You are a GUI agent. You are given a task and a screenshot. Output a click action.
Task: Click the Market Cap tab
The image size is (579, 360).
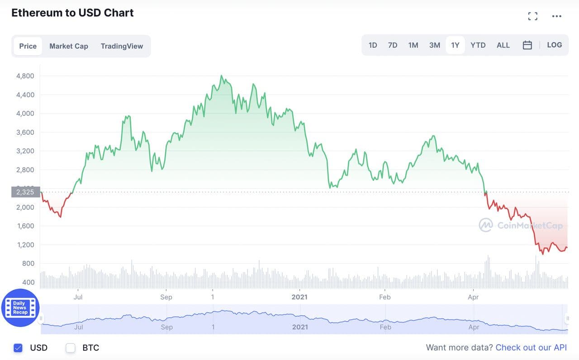(69, 46)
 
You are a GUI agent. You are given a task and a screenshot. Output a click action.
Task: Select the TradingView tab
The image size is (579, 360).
(122, 46)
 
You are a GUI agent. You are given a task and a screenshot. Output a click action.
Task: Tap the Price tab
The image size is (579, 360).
(28, 46)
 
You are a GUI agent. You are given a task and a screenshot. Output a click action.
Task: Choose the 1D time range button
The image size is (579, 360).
(373, 45)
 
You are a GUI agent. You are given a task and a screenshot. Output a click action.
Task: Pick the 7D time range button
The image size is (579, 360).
(393, 45)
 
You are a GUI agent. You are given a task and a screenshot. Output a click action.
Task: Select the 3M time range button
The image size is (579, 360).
(434, 45)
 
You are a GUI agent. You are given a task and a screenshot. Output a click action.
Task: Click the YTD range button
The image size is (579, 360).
(478, 45)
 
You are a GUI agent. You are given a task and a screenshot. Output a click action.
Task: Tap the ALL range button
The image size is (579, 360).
(503, 45)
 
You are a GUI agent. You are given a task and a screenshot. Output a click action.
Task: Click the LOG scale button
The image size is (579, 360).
(554, 45)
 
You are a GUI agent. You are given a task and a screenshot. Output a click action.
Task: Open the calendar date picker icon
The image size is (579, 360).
(527, 45)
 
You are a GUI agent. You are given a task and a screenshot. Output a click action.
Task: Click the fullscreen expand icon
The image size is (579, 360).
(533, 16)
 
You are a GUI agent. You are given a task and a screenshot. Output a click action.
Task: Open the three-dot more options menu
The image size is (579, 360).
(556, 16)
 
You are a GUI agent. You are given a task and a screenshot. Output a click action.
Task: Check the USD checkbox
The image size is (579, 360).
(18, 348)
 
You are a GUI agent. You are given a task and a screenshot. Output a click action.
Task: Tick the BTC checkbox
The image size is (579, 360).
(71, 348)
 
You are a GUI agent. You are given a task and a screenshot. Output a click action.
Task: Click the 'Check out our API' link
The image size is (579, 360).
(531, 347)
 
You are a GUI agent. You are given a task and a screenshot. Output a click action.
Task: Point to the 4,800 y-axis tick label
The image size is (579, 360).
(25, 76)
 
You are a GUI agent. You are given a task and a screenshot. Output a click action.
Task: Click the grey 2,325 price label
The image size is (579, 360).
(26, 192)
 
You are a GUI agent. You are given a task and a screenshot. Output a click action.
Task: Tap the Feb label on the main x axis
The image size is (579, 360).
(384, 297)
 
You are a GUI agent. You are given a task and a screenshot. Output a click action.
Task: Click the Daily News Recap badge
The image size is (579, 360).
(20, 308)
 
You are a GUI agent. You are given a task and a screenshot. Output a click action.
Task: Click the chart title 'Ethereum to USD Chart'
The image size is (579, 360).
(72, 13)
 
